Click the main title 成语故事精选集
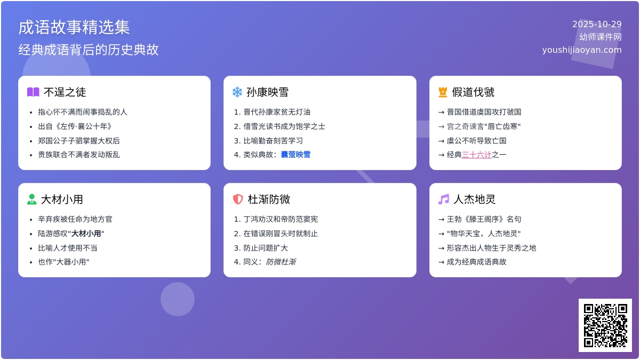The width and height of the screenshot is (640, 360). [x=74, y=27]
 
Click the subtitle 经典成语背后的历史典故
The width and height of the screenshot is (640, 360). [x=89, y=50]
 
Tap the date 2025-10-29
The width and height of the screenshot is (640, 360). [x=597, y=24]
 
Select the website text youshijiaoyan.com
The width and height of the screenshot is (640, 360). [x=582, y=50]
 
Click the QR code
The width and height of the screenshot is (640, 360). [x=605, y=325]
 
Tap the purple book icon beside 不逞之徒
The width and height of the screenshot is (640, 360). [x=33, y=92]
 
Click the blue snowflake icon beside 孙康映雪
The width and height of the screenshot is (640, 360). [x=237, y=92]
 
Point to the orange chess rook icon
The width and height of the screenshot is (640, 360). [x=443, y=92]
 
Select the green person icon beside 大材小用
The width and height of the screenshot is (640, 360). [x=32, y=199]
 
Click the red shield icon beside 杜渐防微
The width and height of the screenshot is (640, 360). [x=238, y=199]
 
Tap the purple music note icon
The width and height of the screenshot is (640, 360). [x=444, y=199]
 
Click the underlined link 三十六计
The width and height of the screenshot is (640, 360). [x=476, y=155]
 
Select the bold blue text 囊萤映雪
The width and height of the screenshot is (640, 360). [x=295, y=155]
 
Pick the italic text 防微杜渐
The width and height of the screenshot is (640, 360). [x=281, y=262]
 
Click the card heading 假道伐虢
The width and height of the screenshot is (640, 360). [x=473, y=92]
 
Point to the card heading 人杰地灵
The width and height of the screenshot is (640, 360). [x=475, y=199]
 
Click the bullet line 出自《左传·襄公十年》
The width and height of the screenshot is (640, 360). [x=75, y=126]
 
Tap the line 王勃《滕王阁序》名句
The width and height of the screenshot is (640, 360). [x=484, y=219]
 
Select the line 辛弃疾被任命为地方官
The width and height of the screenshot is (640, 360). [x=75, y=219]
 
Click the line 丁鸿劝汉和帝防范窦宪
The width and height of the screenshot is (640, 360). [x=281, y=219]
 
